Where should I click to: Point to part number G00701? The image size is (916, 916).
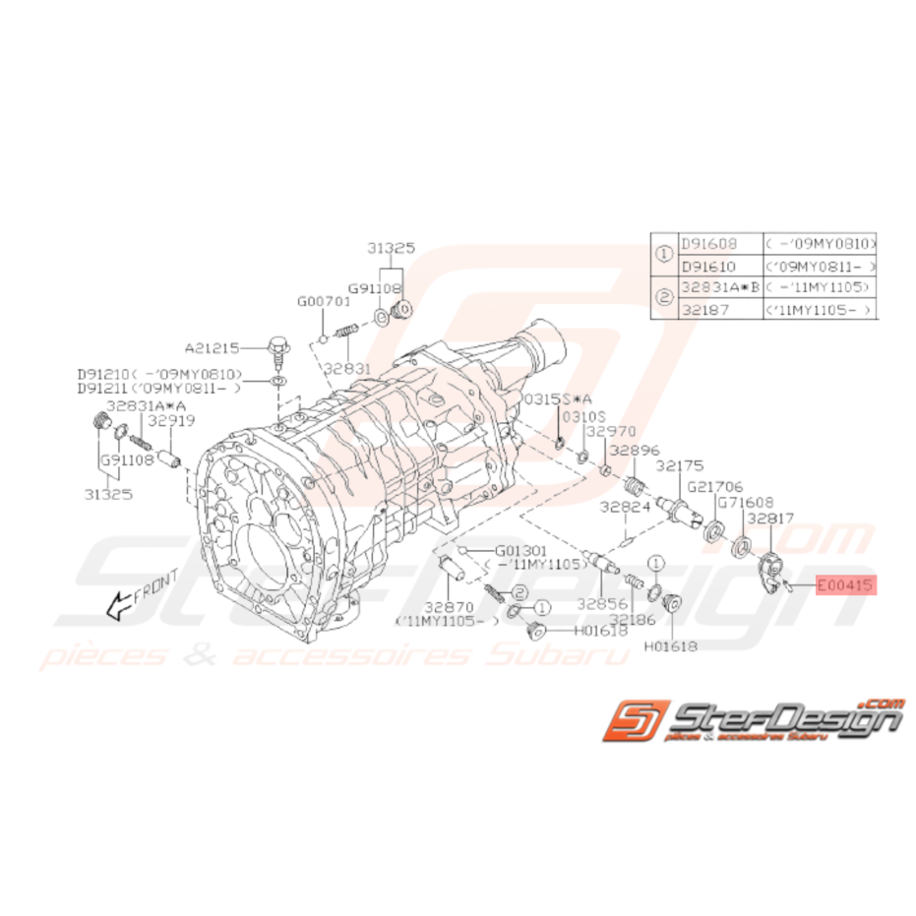324,301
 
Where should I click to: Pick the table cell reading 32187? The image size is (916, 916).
704,308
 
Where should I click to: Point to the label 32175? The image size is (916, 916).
682,464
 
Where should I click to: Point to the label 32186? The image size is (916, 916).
632,619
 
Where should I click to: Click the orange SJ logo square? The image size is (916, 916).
638,720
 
